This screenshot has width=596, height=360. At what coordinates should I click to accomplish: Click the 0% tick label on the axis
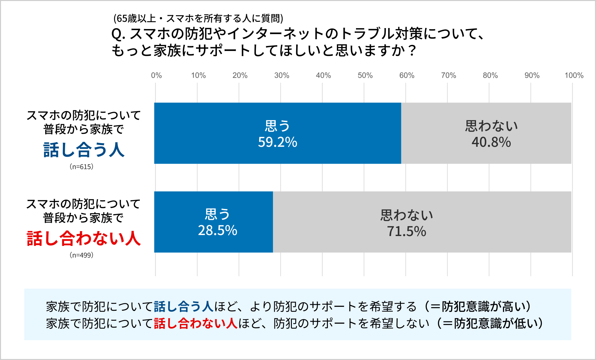point(156,75)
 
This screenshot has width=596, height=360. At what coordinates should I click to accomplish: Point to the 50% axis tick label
point(365,75)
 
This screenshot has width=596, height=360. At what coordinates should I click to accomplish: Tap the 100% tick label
point(574,75)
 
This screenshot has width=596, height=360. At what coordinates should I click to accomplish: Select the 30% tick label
point(282,75)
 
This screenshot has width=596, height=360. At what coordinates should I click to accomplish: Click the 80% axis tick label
point(490,75)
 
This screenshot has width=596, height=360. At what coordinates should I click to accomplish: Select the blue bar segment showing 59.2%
point(218,133)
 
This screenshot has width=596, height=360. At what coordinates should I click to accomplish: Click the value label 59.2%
point(278,142)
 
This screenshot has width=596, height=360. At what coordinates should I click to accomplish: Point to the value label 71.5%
point(407,231)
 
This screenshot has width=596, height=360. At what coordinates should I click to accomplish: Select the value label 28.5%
point(218,231)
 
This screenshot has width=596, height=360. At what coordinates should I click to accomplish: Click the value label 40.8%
point(491,142)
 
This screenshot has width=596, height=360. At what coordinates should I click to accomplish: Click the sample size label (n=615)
point(82,167)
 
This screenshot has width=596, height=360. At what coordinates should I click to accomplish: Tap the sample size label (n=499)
point(82,255)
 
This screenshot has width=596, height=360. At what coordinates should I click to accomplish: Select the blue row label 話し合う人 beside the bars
point(84,150)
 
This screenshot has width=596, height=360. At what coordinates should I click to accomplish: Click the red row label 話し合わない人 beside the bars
point(84,238)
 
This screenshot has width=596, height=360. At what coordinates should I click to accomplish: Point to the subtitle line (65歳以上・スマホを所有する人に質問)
point(198,19)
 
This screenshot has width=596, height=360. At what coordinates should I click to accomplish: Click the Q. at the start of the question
point(118,34)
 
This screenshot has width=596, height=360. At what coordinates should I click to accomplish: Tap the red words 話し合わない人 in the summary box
point(196,323)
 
